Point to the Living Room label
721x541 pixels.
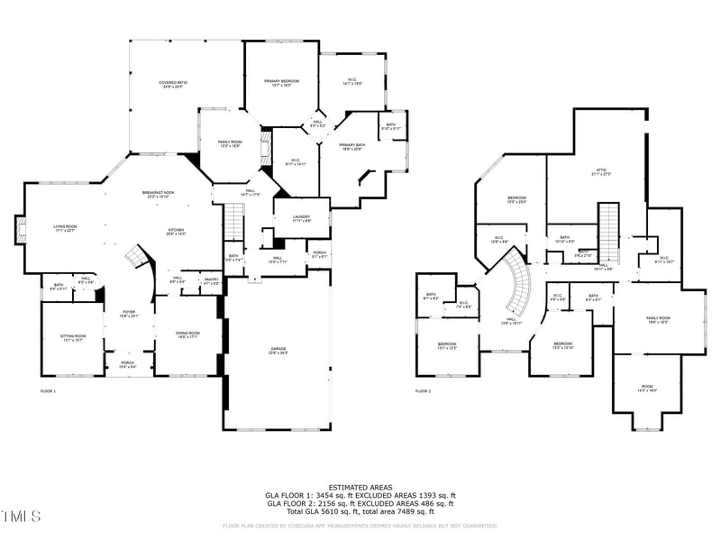(x=63, y=229)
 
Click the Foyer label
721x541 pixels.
(x=129, y=313)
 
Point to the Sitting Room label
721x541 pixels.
(x=72, y=337)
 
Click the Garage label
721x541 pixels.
(x=278, y=349)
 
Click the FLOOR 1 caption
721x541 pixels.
(x=48, y=391)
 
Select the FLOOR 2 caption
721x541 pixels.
(x=423, y=391)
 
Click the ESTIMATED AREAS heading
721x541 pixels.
(x=360, y=487)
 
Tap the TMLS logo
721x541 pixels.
(x=21, y=517)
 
